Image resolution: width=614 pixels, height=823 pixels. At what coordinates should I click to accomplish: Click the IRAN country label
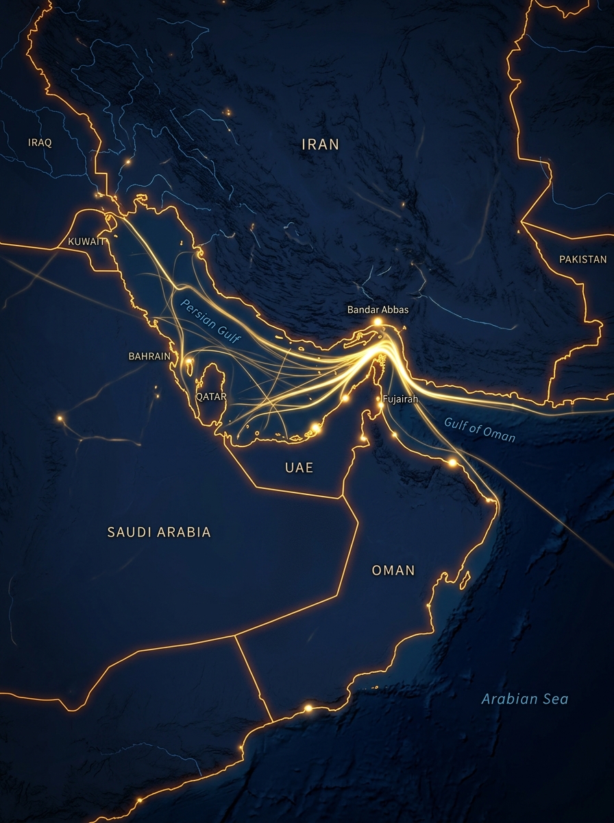[x=321, y=144]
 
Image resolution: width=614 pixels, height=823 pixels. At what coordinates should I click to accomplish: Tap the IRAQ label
[x=40, y=143]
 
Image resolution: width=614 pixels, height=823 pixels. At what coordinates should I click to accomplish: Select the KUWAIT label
[x=86, y=241]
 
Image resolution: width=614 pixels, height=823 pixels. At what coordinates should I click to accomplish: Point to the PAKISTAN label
[x=582, y=259]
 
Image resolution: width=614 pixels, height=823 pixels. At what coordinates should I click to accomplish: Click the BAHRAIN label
[x=149, y=356]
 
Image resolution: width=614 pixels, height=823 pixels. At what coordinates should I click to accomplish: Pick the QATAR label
[x=211, y=396]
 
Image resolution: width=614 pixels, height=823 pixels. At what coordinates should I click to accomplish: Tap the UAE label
[x=299, y=468]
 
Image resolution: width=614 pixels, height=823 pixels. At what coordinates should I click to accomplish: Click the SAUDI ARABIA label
[x=159, y=532]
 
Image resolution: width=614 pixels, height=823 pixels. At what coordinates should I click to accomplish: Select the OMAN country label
[x=393, y=570]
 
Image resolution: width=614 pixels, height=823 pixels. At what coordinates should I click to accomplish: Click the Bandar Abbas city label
[x=378, y=310]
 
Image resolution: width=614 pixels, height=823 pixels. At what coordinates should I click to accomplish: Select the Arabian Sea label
[x=524, y=699]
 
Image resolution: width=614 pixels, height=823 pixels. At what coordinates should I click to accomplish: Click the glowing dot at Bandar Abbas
[x=377, y=321]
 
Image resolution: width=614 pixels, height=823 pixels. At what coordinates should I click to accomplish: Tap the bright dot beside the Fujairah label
[x=380, y=405]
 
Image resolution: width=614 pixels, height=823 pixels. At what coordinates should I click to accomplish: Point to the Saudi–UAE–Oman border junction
[x=342, y=497]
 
